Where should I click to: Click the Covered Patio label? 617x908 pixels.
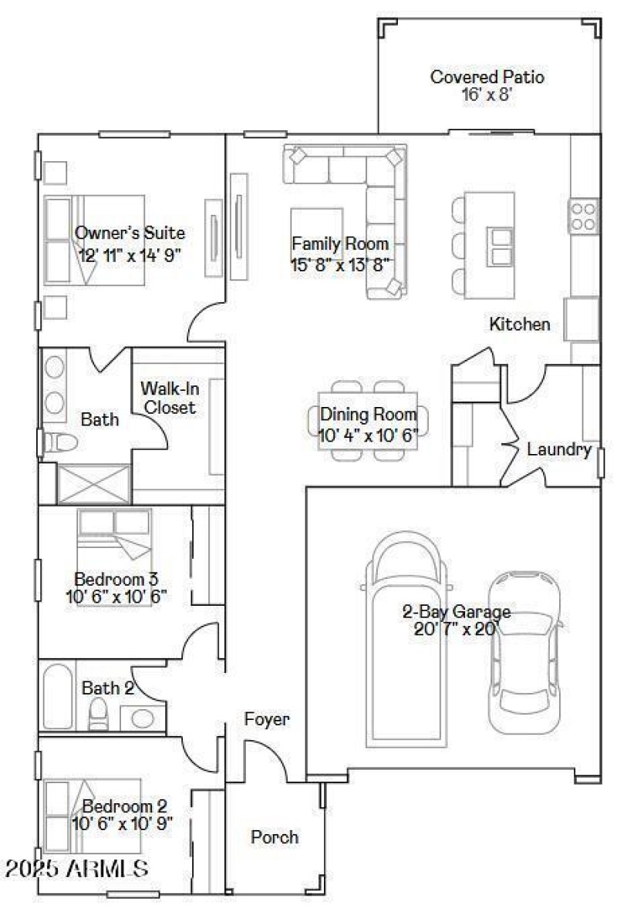point(487,77)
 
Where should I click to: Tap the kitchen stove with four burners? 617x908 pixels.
point(584,217)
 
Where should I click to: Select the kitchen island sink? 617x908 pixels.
point(501,247)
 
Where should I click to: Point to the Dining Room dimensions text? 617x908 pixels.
point(369,435)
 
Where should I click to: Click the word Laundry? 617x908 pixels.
point(559,450)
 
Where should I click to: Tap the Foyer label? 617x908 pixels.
point(267,720)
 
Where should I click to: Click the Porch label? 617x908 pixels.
point(275,837)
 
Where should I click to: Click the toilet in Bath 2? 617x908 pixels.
point(99,715)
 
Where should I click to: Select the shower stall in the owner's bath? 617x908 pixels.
point(85,484)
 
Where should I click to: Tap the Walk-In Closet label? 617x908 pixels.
point(167,398)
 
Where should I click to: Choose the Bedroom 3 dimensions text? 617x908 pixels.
point(116,596)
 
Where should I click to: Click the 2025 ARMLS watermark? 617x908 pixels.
point(76,869)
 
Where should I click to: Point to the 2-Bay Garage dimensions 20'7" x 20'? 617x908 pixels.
point(457,628)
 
